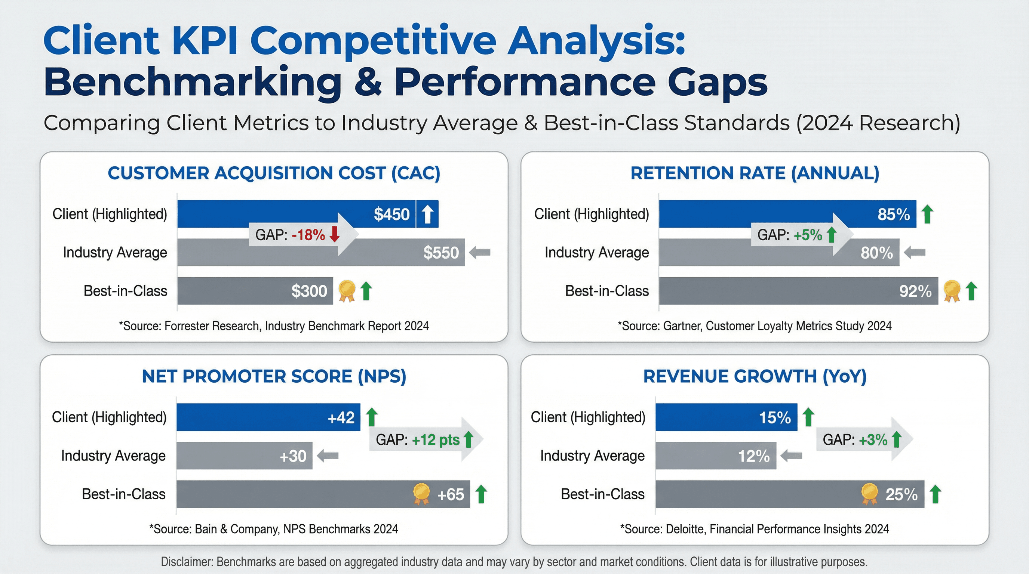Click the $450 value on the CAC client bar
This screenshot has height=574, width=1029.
(391, 215)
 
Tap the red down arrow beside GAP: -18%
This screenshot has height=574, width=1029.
(335, 234)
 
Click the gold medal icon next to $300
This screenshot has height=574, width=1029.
(347, 291)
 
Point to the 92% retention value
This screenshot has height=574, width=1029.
(915, 291)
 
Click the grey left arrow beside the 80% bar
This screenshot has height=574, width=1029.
(915, 252)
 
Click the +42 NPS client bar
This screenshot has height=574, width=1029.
(268, 417)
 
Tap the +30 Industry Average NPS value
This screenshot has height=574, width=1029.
(293, 456)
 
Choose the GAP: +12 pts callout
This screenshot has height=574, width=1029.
(417, 439)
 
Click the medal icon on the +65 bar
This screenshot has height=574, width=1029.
(421, 494)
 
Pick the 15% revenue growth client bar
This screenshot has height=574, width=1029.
(726, 417)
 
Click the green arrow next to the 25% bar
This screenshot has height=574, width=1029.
(936, 494)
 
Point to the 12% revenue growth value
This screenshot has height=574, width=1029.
(753, 456)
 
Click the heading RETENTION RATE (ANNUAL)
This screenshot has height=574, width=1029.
(755, 173)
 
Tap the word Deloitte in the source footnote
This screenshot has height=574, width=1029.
(685, 529)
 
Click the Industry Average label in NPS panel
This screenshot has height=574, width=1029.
(113, 456)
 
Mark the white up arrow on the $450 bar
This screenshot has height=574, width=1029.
(427, 214)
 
